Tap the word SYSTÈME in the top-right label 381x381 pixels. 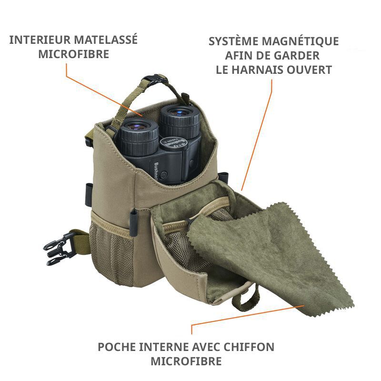click(233, 41)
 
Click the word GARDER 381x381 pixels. click(296, 56)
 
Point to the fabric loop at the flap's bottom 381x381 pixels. click(250, 295)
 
